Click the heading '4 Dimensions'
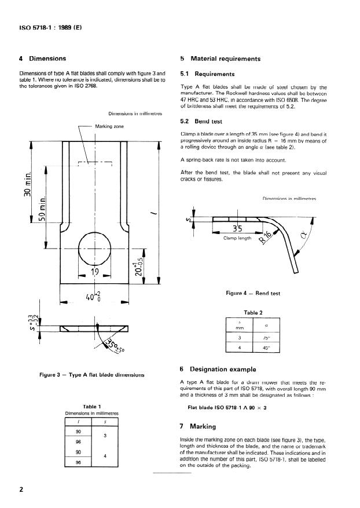pos(43,59)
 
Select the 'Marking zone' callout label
pos(109,126)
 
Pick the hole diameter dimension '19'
pos(94,272)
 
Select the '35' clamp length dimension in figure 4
pos(237,228)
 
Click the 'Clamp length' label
pos(237,237)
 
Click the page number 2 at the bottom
pos(21,490)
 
